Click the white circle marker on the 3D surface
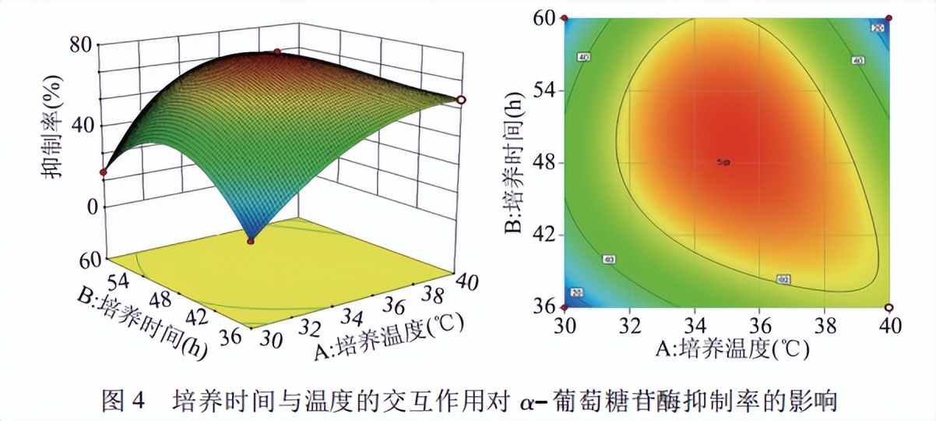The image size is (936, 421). coord(461,100)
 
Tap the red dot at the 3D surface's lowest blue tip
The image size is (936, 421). coord(251,241)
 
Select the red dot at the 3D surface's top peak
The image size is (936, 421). coord(276,51)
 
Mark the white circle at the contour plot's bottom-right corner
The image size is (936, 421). coord(889,306)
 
